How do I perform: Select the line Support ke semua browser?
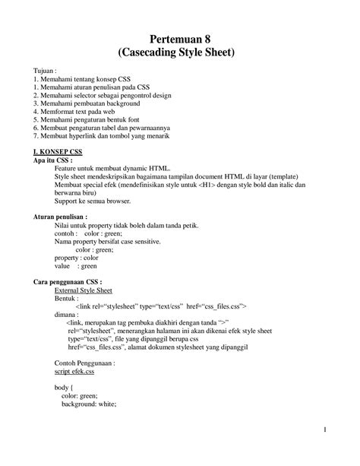93,201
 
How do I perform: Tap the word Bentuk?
67,298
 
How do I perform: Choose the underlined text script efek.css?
74,372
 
